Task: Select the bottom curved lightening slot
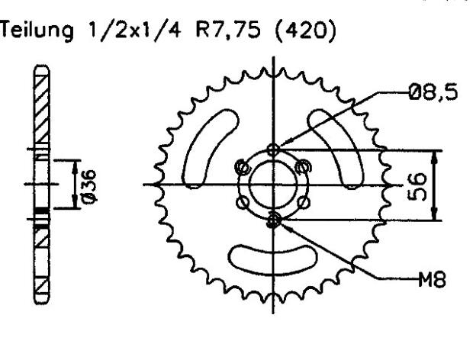pos(273,260)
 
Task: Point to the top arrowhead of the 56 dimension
pos(434,153)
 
